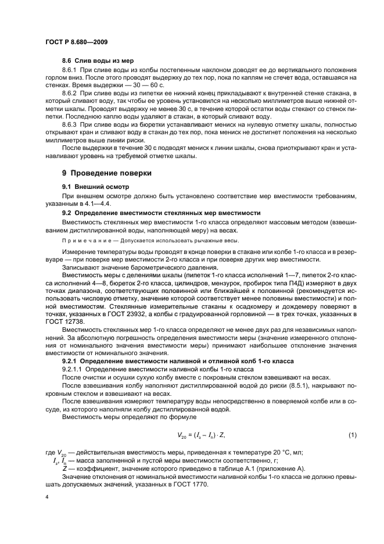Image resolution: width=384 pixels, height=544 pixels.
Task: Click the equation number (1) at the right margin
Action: point(352,435)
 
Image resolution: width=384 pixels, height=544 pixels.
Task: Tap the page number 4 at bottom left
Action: point(47,498)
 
